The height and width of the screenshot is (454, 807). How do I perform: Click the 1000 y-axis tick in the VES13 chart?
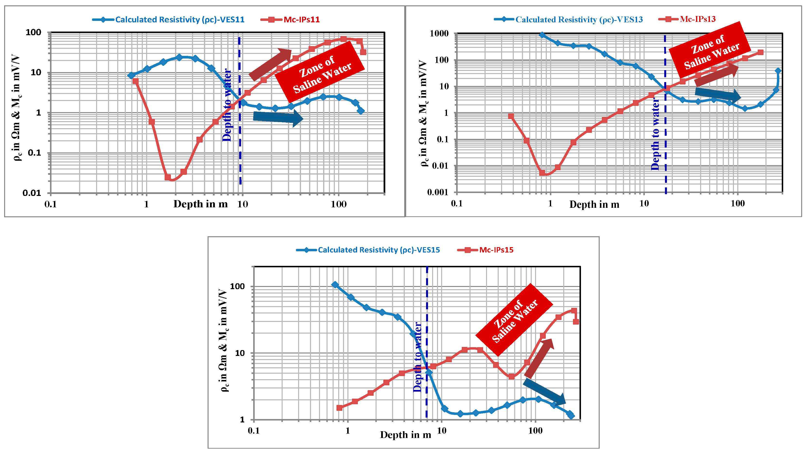pos(439,33)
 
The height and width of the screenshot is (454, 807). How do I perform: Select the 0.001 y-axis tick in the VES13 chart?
pos(438,192)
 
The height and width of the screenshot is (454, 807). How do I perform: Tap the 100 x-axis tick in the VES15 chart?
pos(535,431)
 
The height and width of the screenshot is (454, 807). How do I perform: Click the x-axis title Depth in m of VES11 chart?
pos(201,204)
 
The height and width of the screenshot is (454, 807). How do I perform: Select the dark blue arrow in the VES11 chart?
pos(277,118)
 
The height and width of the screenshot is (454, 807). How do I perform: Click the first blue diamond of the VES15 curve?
pos(335,285)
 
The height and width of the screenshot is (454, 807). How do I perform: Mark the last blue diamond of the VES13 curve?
pos(778,71)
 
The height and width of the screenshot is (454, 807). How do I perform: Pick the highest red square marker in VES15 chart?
pos(574,311)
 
